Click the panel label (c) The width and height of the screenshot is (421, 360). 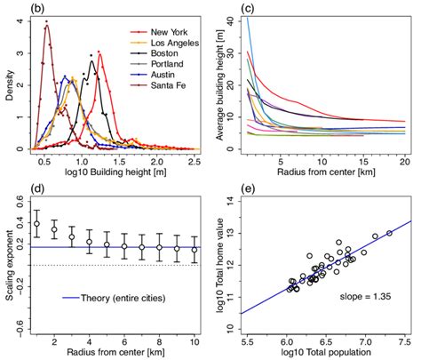[249, 9]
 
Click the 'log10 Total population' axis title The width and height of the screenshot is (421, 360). [324, 353]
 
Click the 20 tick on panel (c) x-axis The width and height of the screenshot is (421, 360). [404, 163]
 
